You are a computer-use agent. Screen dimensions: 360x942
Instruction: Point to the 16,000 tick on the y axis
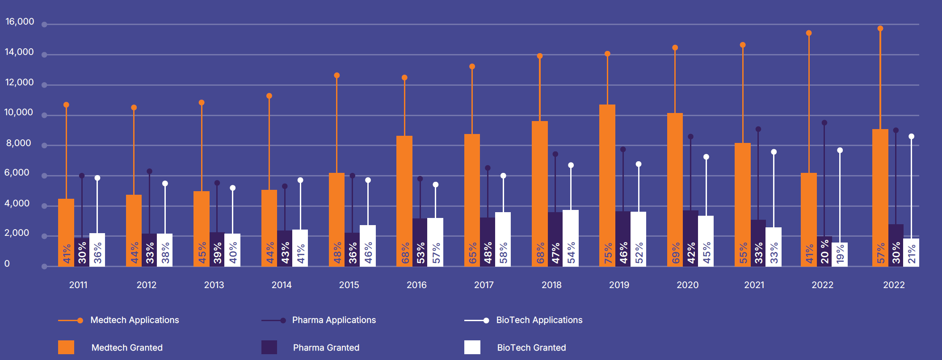coord(20,21)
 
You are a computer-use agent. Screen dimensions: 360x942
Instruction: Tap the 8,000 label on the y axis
coord(18,143)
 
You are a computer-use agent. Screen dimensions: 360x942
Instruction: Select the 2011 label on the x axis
coord(78,285)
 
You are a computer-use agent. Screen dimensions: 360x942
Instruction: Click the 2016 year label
coord(416,285)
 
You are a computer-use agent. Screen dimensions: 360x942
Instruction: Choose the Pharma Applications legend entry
coord(333,320)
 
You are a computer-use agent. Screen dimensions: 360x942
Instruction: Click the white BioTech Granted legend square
coord(472,347)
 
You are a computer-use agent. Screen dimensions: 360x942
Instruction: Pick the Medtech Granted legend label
coord(127,347)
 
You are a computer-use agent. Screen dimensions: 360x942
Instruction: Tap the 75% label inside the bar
coord(608,253)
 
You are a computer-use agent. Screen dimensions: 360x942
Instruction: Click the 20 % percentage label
coord(825,251)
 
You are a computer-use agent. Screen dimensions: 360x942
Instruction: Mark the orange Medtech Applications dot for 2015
coord(337,75)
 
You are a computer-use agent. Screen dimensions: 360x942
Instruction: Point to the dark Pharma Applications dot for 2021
coord(758,129)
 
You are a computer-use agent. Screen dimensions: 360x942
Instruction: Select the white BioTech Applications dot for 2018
coord(571,165)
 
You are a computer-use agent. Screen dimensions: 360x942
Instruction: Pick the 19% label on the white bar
coord(840,254)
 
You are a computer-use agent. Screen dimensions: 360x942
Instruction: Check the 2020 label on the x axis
coord(687,285)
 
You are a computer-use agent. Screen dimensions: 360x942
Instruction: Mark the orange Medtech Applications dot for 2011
coord(66,105)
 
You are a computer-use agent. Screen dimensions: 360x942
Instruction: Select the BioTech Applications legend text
coord(539,320)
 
